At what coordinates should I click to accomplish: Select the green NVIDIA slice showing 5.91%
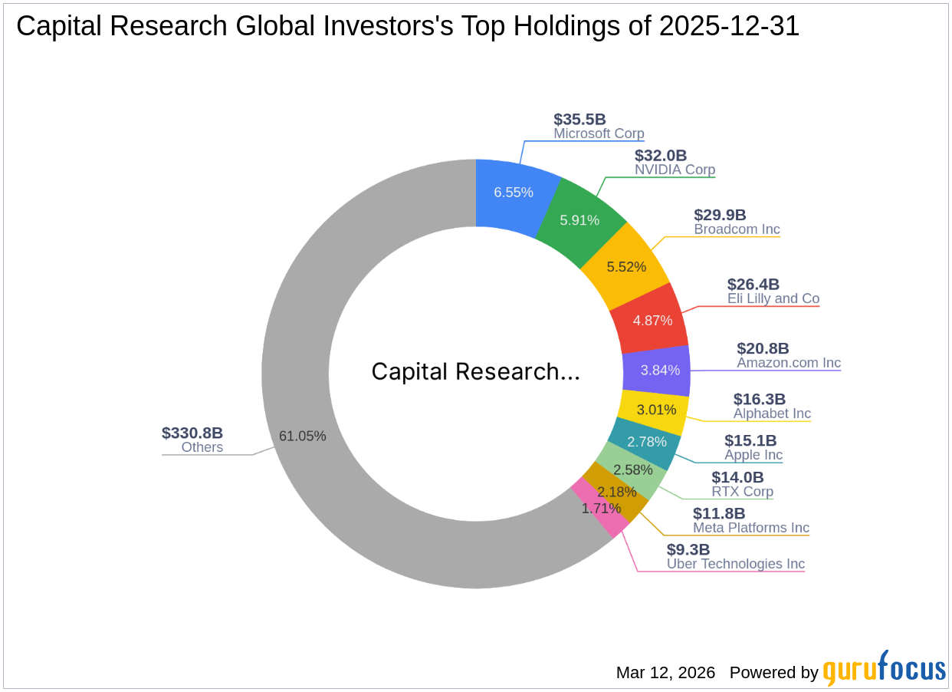coord(579,220)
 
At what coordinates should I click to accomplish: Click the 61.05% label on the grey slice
coord(302,436)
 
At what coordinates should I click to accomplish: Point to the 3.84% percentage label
coord(660,370)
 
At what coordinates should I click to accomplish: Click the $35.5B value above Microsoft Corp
coord(579,119)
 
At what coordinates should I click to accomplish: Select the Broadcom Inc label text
coord(737,229)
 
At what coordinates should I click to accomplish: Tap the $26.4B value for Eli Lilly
coord(753,285)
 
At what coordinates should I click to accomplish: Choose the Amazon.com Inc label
coord(789,363)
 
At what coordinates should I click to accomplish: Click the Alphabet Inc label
coord(772,414)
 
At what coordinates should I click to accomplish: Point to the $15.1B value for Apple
coord(750,441)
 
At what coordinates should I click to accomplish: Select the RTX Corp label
coord(742,492)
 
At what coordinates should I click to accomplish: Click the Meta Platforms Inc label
coord(750,528)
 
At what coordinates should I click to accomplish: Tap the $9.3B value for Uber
coord(688,549)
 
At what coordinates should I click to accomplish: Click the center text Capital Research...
coord(475,372)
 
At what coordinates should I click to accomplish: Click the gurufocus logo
coord(884,669)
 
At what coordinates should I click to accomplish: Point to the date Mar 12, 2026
coord(665,673)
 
